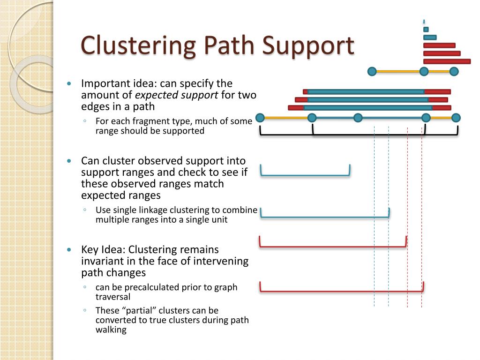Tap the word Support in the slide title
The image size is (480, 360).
click(307, 46)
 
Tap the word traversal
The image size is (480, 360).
click(113, 297)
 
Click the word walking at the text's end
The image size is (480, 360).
click(111, 330)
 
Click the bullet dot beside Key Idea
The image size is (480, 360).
click(69, 249)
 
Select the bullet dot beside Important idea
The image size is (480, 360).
click(69, 83)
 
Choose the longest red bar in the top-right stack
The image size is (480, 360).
click(447, 61)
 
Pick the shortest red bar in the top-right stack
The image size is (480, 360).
click(439, 45)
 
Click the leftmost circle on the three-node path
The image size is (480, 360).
click(372, 71)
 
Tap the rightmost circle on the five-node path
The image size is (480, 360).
click(456, 118)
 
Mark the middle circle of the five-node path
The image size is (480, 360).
click(358, 118)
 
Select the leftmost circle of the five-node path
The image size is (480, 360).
click(260, 118)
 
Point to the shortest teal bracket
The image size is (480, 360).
click(305, 175)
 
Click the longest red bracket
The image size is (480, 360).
click(342, 291)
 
